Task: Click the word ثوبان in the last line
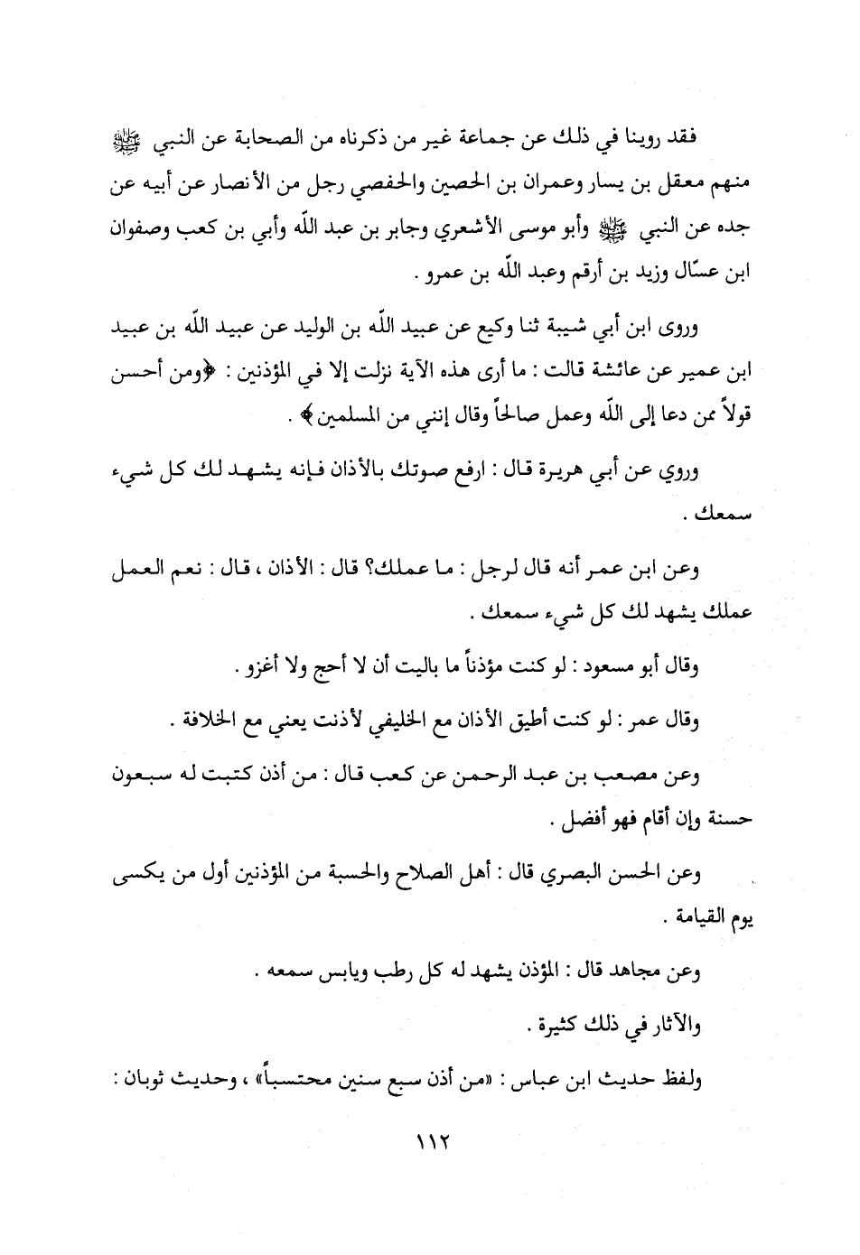(x=716, y=1078)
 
